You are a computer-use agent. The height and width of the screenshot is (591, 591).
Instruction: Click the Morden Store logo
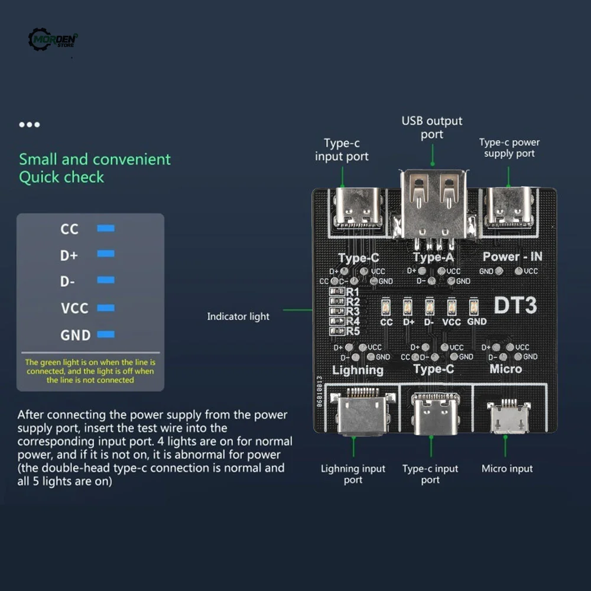(53, 40)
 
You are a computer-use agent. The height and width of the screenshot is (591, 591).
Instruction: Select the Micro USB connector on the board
(506, 417)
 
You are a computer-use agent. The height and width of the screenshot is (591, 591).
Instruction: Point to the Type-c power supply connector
(509, 207)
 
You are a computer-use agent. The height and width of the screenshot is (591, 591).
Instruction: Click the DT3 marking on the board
(515, 306)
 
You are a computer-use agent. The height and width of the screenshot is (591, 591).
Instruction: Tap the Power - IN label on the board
(512, 256)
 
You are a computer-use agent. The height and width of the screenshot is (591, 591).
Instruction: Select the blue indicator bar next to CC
(106, 228)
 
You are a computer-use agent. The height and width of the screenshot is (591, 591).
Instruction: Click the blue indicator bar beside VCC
(106, 307)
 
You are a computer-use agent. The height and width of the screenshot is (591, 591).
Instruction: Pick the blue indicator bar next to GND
(106, 335)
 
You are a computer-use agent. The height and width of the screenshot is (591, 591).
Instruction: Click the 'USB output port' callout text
(432, 128)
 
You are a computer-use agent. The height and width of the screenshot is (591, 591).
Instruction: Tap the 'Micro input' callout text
(507, 469)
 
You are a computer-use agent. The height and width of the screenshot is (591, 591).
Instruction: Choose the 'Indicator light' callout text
(238, 317)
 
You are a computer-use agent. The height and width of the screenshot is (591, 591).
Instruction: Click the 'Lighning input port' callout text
(353, 474)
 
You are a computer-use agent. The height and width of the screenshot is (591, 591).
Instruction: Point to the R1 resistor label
(353, 292)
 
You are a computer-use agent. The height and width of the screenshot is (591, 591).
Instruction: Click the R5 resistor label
(353, 331)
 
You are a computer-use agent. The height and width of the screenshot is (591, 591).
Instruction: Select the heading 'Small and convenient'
(95, 159)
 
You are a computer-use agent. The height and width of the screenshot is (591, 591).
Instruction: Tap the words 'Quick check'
(61, 177)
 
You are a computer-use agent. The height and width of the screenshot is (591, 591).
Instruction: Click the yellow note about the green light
(90, 371)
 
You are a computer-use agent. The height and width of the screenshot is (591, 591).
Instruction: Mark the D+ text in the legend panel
(69, 255)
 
